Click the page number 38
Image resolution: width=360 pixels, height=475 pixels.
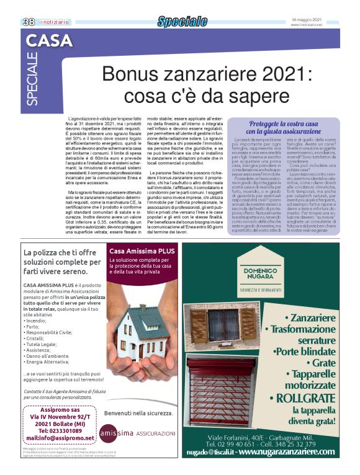pyautogui.click(x=29, y=22)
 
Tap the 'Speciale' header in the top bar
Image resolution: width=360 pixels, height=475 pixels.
pyautogui.click(x=182, y=22)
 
